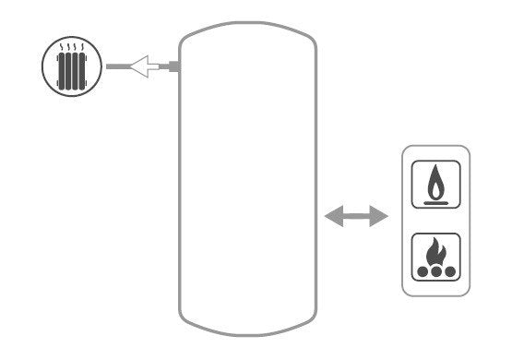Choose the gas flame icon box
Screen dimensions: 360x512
pyautogui.click(x=435, y=185)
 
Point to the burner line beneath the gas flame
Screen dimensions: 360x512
pyautogui.click(x=435, y=200)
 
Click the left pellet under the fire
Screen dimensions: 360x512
pyautogui.click(x=423, y=273)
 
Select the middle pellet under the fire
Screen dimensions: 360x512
pyautogui.click(x=435, y=273)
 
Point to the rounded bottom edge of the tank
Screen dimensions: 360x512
pyautogui.click(x=248, y=332)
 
